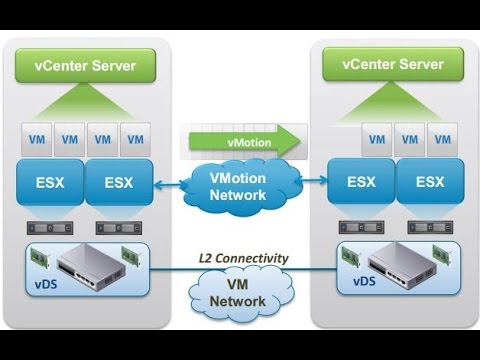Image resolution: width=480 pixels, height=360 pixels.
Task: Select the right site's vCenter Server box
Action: point(391,64)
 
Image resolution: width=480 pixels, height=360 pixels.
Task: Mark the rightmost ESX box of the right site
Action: point(430,182)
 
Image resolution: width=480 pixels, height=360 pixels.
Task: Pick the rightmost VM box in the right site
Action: point(443,138)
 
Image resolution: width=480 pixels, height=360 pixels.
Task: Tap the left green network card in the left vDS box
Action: point(40,256)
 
